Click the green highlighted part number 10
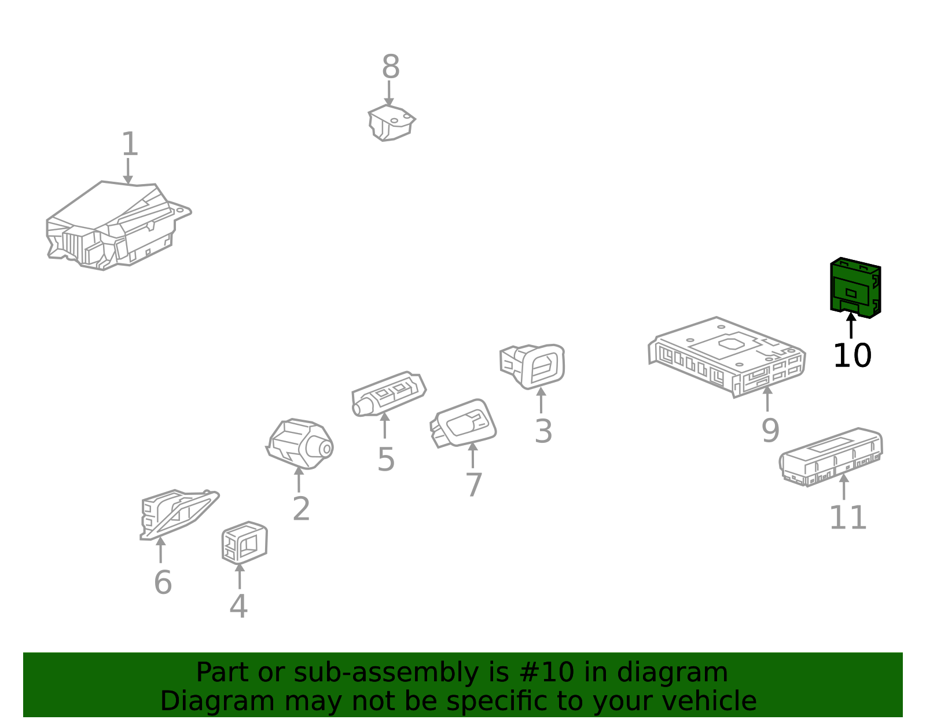(855, 288)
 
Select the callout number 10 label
(852, 356)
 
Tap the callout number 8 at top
(390, 67)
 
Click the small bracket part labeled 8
(391, 123)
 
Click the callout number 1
(130, 144)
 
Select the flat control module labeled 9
(726, 357)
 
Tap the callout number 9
(770, 431)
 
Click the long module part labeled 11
(831, 457)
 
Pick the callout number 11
(848, 518)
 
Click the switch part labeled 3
(532, 366)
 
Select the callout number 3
(543, 432)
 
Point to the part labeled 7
(463, 423)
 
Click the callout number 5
(385, 460)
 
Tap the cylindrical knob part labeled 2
(300, 444)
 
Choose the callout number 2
(302, 509)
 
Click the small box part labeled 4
(245, 543)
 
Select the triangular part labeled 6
(179, 515)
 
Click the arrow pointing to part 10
(851, 325)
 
